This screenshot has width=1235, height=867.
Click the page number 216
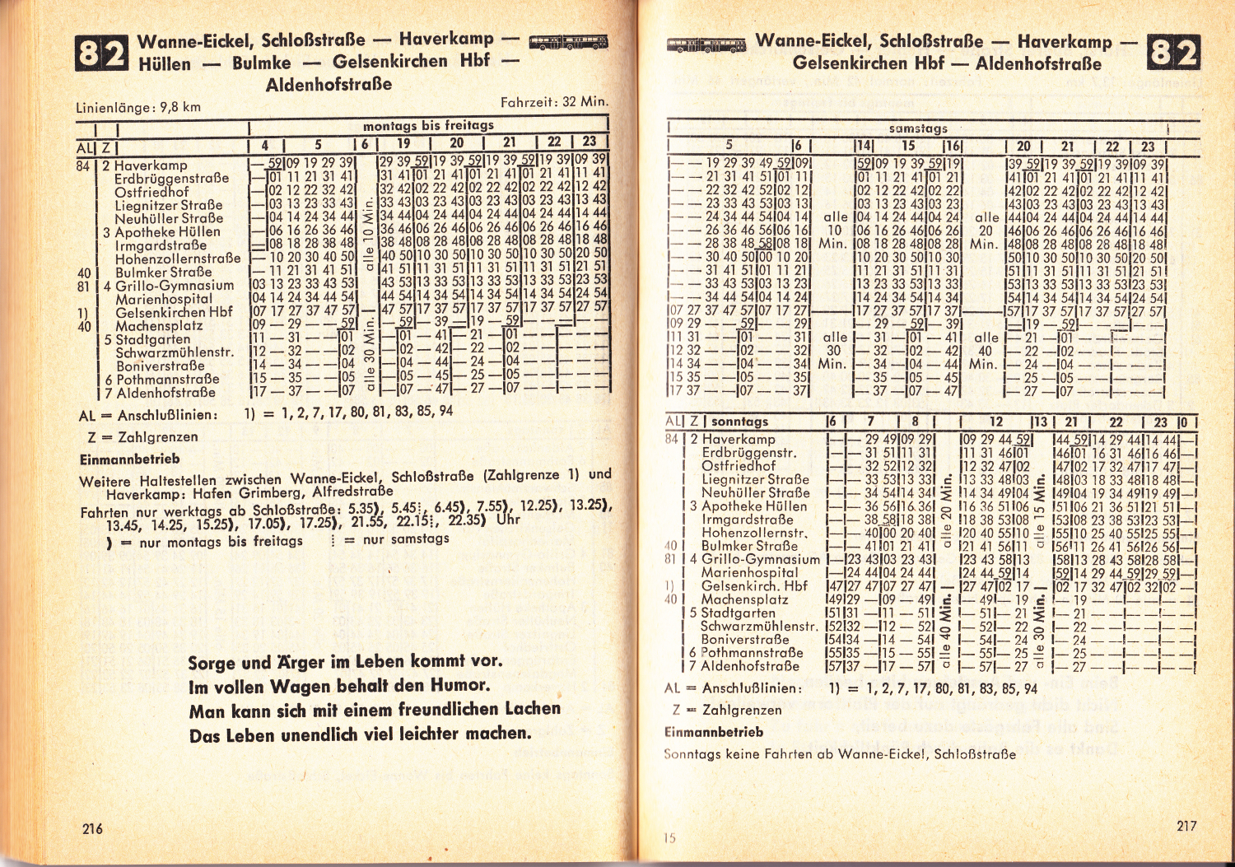pos(92,828)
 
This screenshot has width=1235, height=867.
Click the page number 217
pos(1186,826)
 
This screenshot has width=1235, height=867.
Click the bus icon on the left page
pos(568,42)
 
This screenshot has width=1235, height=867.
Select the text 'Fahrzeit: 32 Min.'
pos(553,102)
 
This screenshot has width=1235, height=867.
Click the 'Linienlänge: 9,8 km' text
pos(138,107)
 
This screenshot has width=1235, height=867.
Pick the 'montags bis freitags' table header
pos(428,125)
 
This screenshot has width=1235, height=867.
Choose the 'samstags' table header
pos(918,128)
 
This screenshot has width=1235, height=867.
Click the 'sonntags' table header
pos(739,422)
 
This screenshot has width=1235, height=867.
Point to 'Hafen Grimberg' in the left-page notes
pos(245,494)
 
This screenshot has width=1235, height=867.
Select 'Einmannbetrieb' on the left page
pos(129,459)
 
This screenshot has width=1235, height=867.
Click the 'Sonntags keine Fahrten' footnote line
pos(839,753)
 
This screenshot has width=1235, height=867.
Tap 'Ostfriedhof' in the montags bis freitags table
pos(151,192)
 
